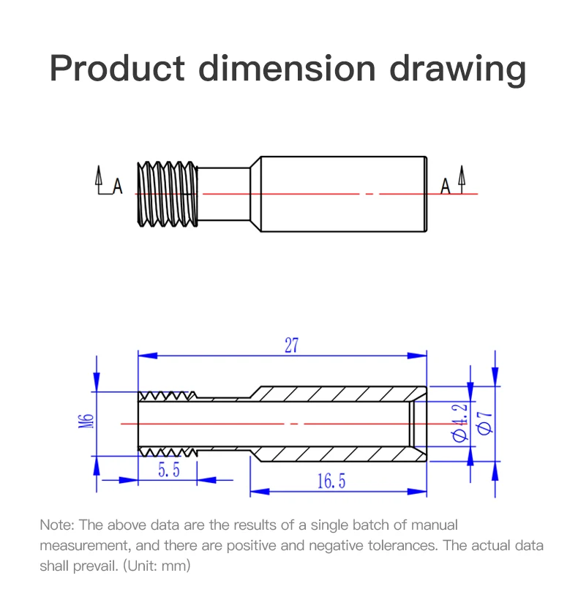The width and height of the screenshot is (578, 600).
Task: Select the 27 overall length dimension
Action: pos(291,345)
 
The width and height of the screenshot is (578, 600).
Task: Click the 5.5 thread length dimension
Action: pos(169,470)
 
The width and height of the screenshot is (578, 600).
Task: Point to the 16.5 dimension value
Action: pos(331,481)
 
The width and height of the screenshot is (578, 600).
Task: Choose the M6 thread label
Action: pos(86,423)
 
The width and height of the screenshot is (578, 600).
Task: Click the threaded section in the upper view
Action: pos(168,193)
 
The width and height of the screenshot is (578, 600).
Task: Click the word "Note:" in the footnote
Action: pos(56,525)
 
